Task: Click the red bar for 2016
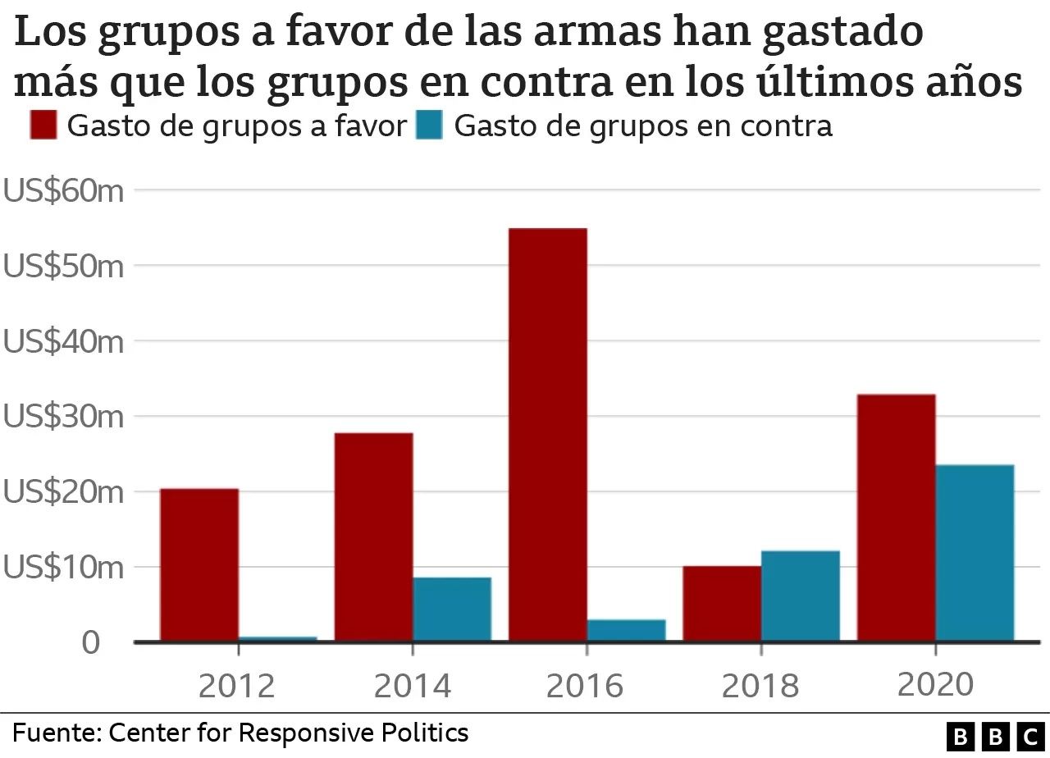click(x=547, y=435)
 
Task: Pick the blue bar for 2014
click(x=452, y=609)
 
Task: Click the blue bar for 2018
click(x=801, y=596)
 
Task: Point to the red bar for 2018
click(x=722, y=603)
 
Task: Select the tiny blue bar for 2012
click(x=278, y=638)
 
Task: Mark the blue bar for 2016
click(x=626, y=630)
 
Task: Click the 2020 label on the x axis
click(x=935, y=684)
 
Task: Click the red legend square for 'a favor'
click(x=43, y=126)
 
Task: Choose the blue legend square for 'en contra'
click(x=429, y=126)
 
